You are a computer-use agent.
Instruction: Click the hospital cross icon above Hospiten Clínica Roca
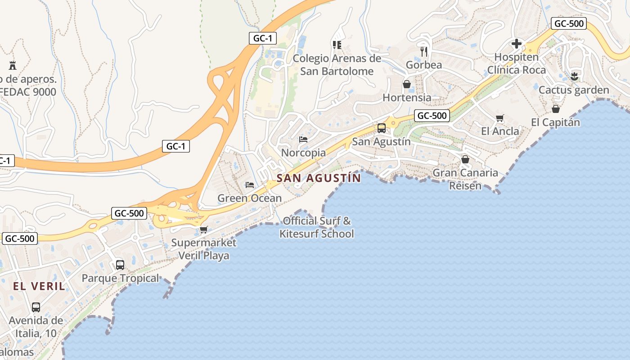(516, 44)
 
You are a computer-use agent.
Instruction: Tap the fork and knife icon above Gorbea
(423, 51)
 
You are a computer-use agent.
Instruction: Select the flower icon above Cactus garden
(574, 76)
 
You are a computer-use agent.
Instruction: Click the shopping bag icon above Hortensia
(407, 84)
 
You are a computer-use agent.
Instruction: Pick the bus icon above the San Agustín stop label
(382, 128)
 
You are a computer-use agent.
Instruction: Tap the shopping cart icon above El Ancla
(500, 118)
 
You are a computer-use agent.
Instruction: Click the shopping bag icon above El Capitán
(556, 109)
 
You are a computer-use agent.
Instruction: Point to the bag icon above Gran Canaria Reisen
(465, 159)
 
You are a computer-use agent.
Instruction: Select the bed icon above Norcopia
(303, 139)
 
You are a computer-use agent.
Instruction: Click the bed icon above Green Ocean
(250, 184)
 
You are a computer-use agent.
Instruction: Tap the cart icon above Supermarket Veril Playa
(204, 230)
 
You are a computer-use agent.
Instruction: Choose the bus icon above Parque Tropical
(120, 265)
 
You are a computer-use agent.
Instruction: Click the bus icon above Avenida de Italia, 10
(36, 307)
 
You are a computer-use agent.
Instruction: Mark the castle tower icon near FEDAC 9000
(13, 65)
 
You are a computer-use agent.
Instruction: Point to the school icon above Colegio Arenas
(337, 45)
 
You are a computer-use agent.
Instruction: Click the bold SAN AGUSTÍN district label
(319, 178)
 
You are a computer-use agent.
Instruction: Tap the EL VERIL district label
(39, 286)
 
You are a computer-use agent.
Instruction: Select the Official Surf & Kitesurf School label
(317, 227)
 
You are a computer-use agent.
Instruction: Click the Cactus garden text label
(574, 90)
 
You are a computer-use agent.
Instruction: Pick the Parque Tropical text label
(120, 278)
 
